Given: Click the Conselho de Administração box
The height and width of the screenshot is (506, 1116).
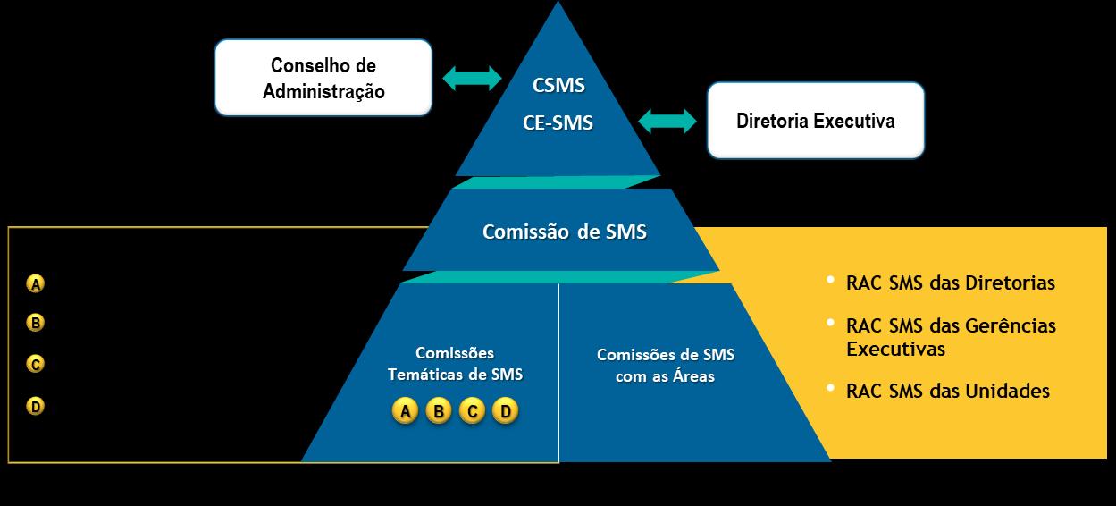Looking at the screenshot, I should (x=323, y=78).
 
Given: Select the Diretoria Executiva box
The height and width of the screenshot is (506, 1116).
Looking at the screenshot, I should (x=815, y=121).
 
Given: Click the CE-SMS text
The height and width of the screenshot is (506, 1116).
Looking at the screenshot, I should (x=558, y=123).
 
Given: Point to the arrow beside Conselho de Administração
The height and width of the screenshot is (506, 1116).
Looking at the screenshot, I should (x=473, y=78).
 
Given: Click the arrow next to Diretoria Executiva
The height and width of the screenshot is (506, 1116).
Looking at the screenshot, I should (x=667, y=121).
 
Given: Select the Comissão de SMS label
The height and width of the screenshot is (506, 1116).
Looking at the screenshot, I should (x=564, y=232).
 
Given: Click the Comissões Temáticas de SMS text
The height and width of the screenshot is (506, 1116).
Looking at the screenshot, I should (x=455, y=365).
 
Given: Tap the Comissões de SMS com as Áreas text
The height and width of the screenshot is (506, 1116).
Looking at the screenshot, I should (x=666, y=366).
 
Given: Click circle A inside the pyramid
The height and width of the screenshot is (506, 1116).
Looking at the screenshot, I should (x=405, y=412).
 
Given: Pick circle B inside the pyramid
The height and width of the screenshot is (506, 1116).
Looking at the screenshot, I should (x=439, y=412).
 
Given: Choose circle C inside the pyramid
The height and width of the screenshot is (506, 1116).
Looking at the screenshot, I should (x=472, y=412).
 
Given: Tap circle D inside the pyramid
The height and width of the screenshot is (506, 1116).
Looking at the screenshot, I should (x=505, y=412).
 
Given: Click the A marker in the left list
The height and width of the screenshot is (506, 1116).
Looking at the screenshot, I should (x=36, y=284).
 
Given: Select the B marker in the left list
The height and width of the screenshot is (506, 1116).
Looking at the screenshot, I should (x=36, y=323).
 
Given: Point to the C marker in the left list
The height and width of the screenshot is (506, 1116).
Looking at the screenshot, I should (x=36, y=364).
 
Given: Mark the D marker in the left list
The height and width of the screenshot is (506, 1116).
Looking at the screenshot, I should (x=36, y=407).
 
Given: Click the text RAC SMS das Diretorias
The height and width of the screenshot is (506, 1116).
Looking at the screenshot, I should (x=950, y=283).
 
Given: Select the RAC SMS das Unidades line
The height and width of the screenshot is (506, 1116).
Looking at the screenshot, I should (x=947, y=392).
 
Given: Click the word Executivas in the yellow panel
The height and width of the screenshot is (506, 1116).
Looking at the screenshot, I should (x=895, y=349).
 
